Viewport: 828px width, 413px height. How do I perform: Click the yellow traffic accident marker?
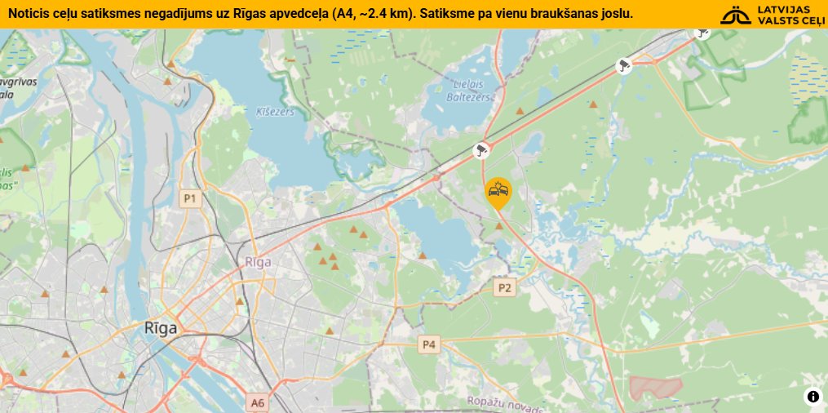pyautogui.click(x=498, y=193)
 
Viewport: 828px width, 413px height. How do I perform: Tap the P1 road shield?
pyautogui.click(x=190, y=198)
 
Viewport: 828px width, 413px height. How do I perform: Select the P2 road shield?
pyautogui.click(x=505, y=287)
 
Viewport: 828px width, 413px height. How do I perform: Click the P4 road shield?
pyautogui.click(x=428, y=345)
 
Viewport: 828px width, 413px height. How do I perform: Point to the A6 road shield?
pyautogui.click(x=258, y=402)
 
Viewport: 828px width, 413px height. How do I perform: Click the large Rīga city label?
pyautogui.click(x=161, y=328)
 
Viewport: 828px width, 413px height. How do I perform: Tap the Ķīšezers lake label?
pyautogui.click(x=274, y=112)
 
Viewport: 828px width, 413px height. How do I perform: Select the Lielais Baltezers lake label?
pyautogui.click(x=469, y=90)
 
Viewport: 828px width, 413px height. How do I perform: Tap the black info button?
pyautogui.click(x=813, y=397)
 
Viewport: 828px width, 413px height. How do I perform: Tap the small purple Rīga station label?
pyautogui.click(x=258, y=262)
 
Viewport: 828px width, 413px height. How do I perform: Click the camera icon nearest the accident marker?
pyautogui.click(x=482, y=150)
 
